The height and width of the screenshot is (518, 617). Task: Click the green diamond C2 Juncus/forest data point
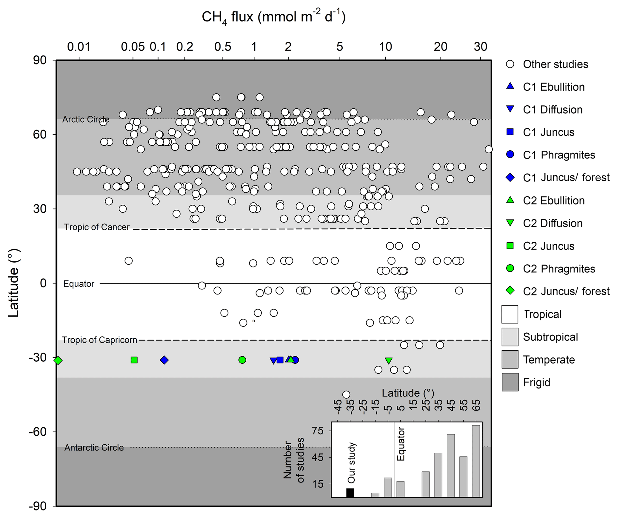tap(58, 360)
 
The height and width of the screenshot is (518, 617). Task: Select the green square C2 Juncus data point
tap(134, 360)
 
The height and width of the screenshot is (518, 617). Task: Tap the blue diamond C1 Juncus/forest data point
tap(164, 360)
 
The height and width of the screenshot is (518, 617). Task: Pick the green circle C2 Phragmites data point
tap(242, 360)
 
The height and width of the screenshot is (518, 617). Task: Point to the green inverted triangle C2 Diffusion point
tap(388, 360)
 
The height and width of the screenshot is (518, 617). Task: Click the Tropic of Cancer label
tap(97, 227)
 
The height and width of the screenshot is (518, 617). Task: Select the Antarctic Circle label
tap(94, 448)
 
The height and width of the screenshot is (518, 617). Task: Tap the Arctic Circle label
tap(86, 119)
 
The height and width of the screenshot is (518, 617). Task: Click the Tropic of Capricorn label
tap(99, 340)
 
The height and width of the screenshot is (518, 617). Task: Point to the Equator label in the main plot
tap(79, 284)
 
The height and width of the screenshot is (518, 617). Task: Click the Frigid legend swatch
tap(510, 382)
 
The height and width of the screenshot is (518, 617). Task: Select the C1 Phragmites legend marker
tap(510, 155)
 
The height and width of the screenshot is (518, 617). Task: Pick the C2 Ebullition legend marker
tap(510, 200)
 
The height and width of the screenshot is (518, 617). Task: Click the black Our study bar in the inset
tap(350, 493)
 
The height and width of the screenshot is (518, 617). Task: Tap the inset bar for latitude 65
tap(476, 461)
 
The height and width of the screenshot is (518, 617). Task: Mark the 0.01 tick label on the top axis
tap(79, 47)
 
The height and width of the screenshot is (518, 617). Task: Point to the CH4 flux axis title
tap(273, 17)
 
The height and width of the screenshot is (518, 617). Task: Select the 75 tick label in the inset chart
tap(317, 431)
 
